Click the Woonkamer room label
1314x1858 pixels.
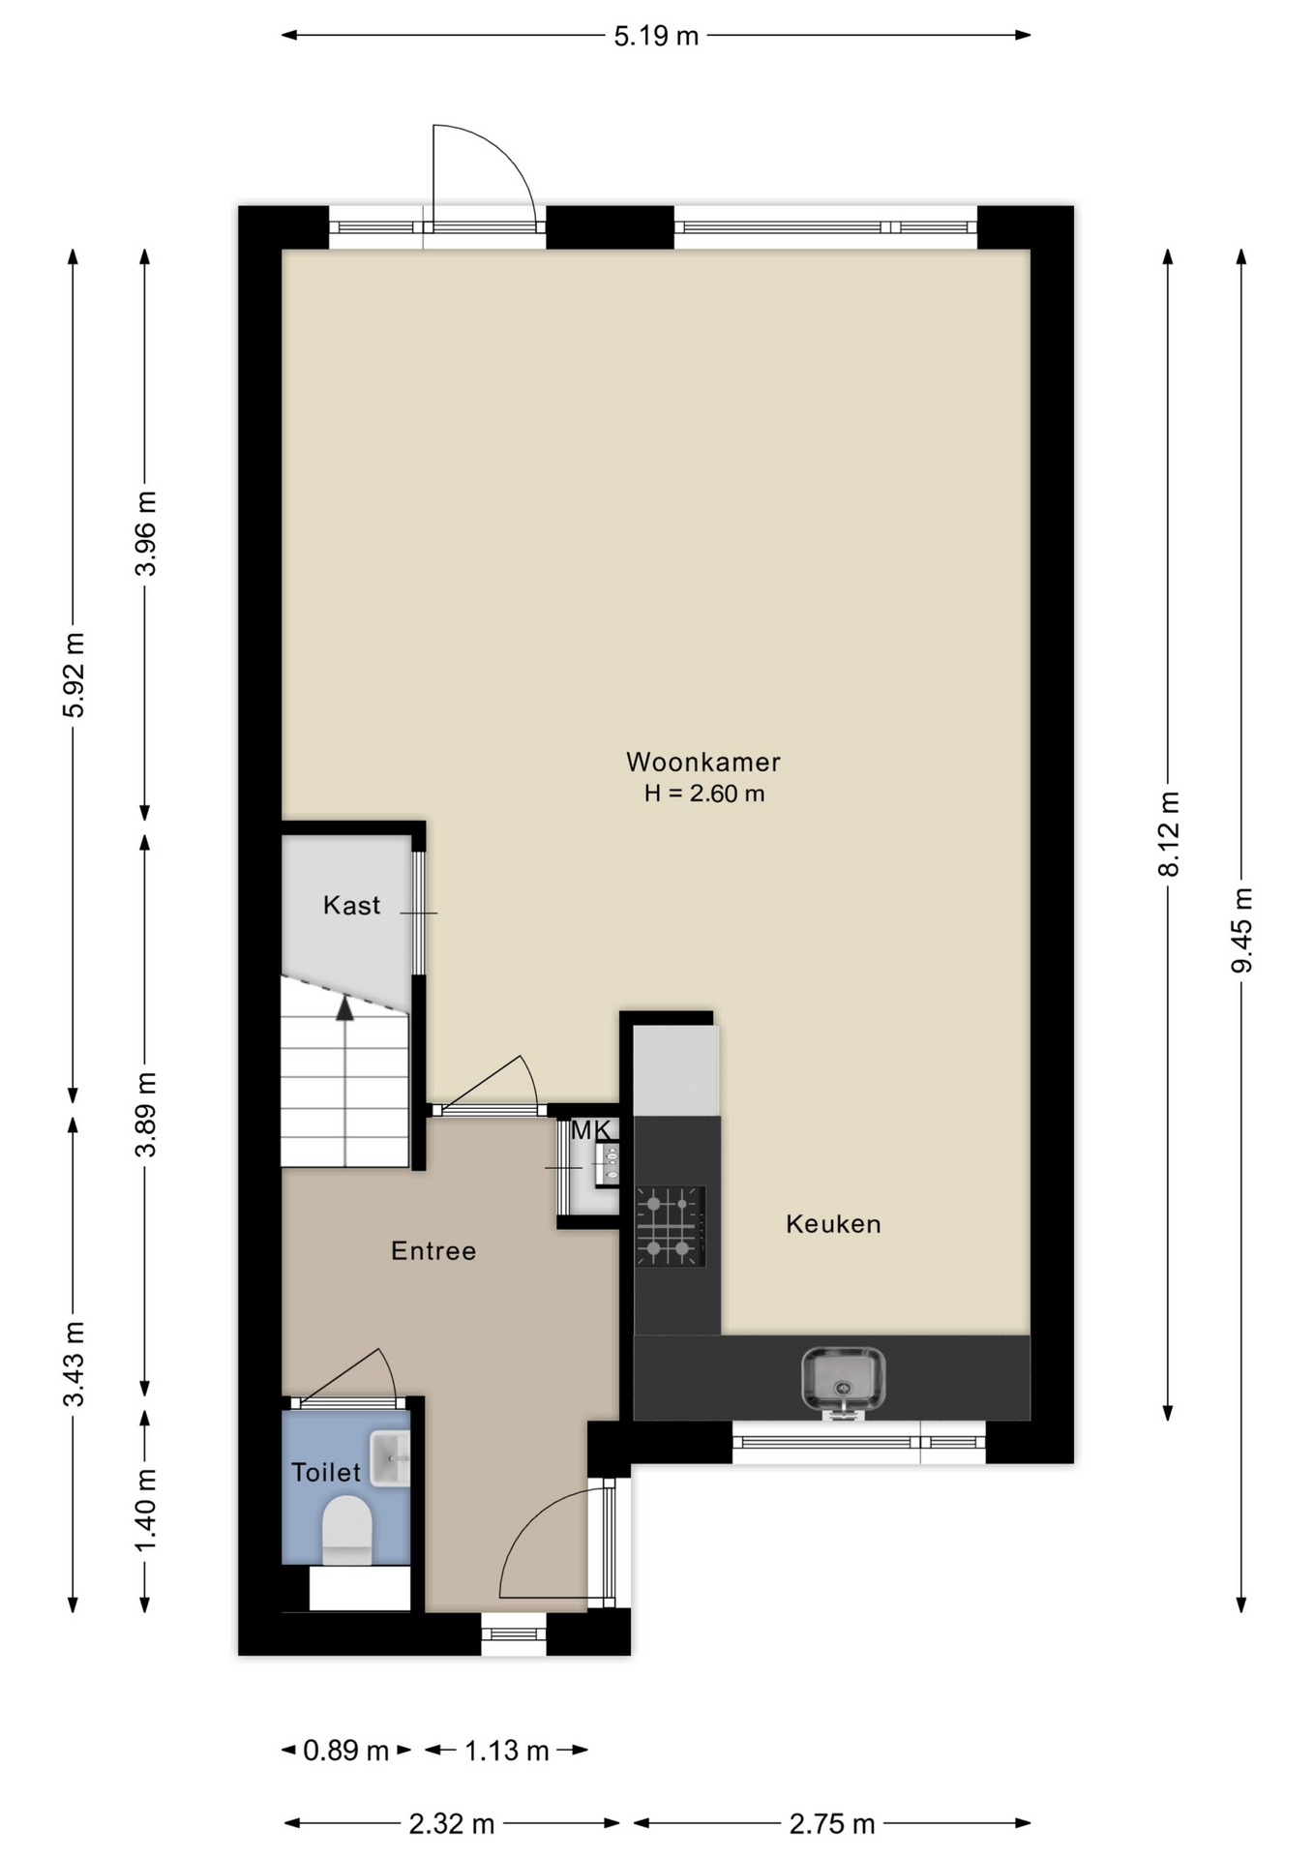pyautogui.click(x=703, y=762)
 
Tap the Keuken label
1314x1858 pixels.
pyautogui.click(x=833, y=1224)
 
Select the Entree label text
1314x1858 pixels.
pyautogui.click(x=433, y=1251)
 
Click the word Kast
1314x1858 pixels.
pyautogui.click(x=351, y=905)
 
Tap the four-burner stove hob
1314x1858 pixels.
pyautogui.click(x=670, y=1226)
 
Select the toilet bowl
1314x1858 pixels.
pyautogui.click(x=346, y=1530)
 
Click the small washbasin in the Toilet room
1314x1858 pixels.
pyautogui.click(x=390, y=1459)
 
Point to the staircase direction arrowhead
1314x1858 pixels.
pyautogui.click(x=344, y=1008)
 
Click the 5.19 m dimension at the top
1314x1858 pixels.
pyautogui.click(x=656, y=36)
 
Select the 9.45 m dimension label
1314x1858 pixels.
pyautogui.click(x=1241, y=930)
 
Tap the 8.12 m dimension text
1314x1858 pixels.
pyautogui.click(x=1169, y=834)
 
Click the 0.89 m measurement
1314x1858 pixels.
pyautogui.click(x=345, y=1750)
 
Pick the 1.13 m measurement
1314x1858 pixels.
pyautogui.click(x=507, y=1750)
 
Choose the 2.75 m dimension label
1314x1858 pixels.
pyautogui.click(x=832, y=1824)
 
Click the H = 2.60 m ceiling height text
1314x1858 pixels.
pyautogui.click(x=704, y=794)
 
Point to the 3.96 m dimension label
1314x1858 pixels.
pyautogui.click(x=145, y=533)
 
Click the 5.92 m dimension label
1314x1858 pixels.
pyautogui.click(x=74, y=674)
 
